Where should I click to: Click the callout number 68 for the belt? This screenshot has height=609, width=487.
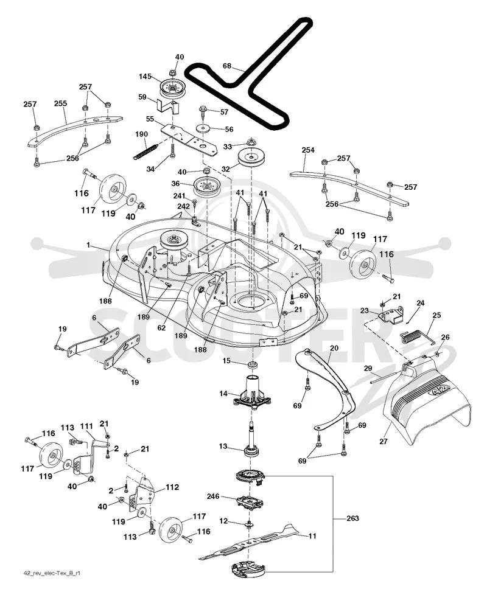click(x=227, y=66)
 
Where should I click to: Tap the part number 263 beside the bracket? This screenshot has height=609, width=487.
click(x=352, y=518)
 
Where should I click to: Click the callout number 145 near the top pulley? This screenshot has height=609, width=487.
click(x=145, y=77)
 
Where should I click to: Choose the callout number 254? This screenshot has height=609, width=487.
click(x=308, y=150)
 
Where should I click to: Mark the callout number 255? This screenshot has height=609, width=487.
click(x=60, y=103)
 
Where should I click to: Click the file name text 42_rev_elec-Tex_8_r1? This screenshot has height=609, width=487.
click(x=52, y=573)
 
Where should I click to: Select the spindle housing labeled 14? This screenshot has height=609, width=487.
click(x=251, y=391)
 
